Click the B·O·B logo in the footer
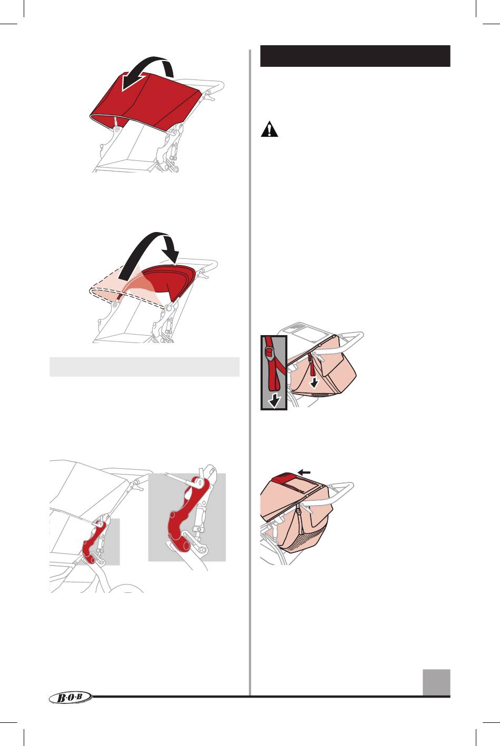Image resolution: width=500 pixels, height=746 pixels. point(71,697)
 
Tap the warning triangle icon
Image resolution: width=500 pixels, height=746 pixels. point(269,129)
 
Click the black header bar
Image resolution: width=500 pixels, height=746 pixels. point(355,56)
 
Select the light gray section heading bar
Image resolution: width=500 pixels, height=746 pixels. point(145,367)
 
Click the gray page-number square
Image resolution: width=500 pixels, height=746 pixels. point(437,682)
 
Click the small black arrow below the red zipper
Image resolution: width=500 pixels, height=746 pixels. point(314,384)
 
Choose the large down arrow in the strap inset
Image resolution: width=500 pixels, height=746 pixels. point(275,401)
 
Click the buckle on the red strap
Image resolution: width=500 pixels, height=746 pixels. point(269,351)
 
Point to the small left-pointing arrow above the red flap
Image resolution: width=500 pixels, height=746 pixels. point(304,472)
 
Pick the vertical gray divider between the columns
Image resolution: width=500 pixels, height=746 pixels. point(250,372)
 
